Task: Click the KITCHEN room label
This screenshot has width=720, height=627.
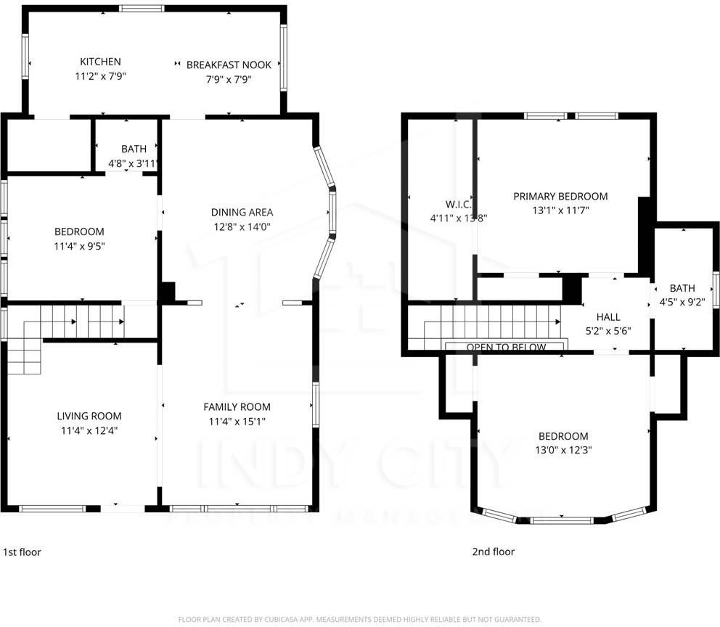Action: pyautogui.click(x=100, y=62)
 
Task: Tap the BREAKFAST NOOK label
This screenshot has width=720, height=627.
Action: pyautogui.click(x=229, y=65)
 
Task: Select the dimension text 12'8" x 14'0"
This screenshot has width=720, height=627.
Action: pyautogui.click(x=242, y=227)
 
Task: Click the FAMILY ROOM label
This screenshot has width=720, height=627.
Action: pyautogui.click(x=237, y=407)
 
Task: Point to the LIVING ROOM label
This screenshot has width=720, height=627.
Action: pyautogui.click(x=89, y=416)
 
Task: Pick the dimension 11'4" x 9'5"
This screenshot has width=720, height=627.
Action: pyautogui.click(x=79, y=246)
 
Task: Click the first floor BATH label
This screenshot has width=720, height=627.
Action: pyautogui.click(x=134, y=149)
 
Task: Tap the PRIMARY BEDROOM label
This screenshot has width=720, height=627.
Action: pyautogui.click(x=560, y=196)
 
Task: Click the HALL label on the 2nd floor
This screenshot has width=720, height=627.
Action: pyautogui.click(x=607, y=317)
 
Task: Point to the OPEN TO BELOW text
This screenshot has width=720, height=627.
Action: pyautogui.click(x=506, y=348)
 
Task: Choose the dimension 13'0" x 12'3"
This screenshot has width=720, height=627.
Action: pyautogui.click(x=562, y=450)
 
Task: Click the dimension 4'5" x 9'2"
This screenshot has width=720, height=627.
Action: pyautogui.click(x=682, y=302)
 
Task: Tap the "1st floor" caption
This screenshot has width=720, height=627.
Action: pyautogui.click(x=22, y=552)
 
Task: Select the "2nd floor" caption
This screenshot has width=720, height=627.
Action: pyautogui.click(x=493, y=552)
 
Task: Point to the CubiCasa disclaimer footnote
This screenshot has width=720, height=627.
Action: pyautogui.click(x=360, y=619)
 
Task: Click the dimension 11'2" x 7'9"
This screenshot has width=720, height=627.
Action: pyautogui.click(x=100, y=75)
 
